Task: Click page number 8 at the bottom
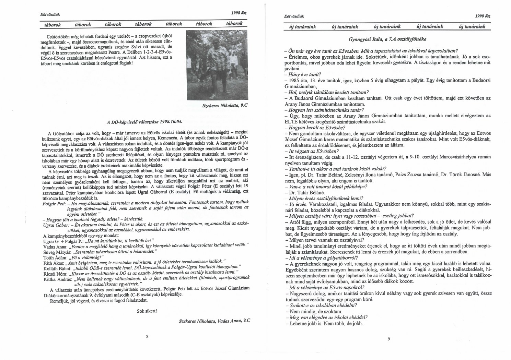147,336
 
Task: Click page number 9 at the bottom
388,339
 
